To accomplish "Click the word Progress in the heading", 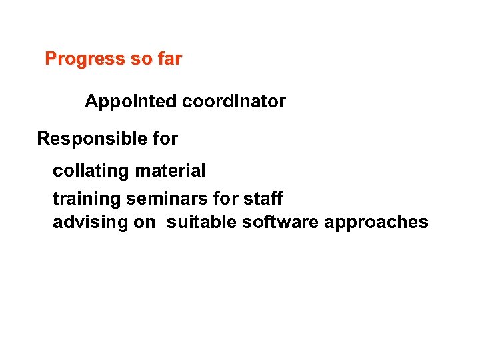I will tap(85, 59).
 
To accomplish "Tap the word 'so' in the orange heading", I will tap(141, 59).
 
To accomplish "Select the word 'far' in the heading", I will tap(169, 59).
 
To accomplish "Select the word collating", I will tap(91, 171).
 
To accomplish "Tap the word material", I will tap(170, 171).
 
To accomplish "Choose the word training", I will tap(87, 199).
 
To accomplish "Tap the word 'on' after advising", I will tap(144, 222).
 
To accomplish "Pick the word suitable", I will tap(201, 222).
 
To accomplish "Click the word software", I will tap(280, 222).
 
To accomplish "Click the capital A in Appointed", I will tap(91, 102).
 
